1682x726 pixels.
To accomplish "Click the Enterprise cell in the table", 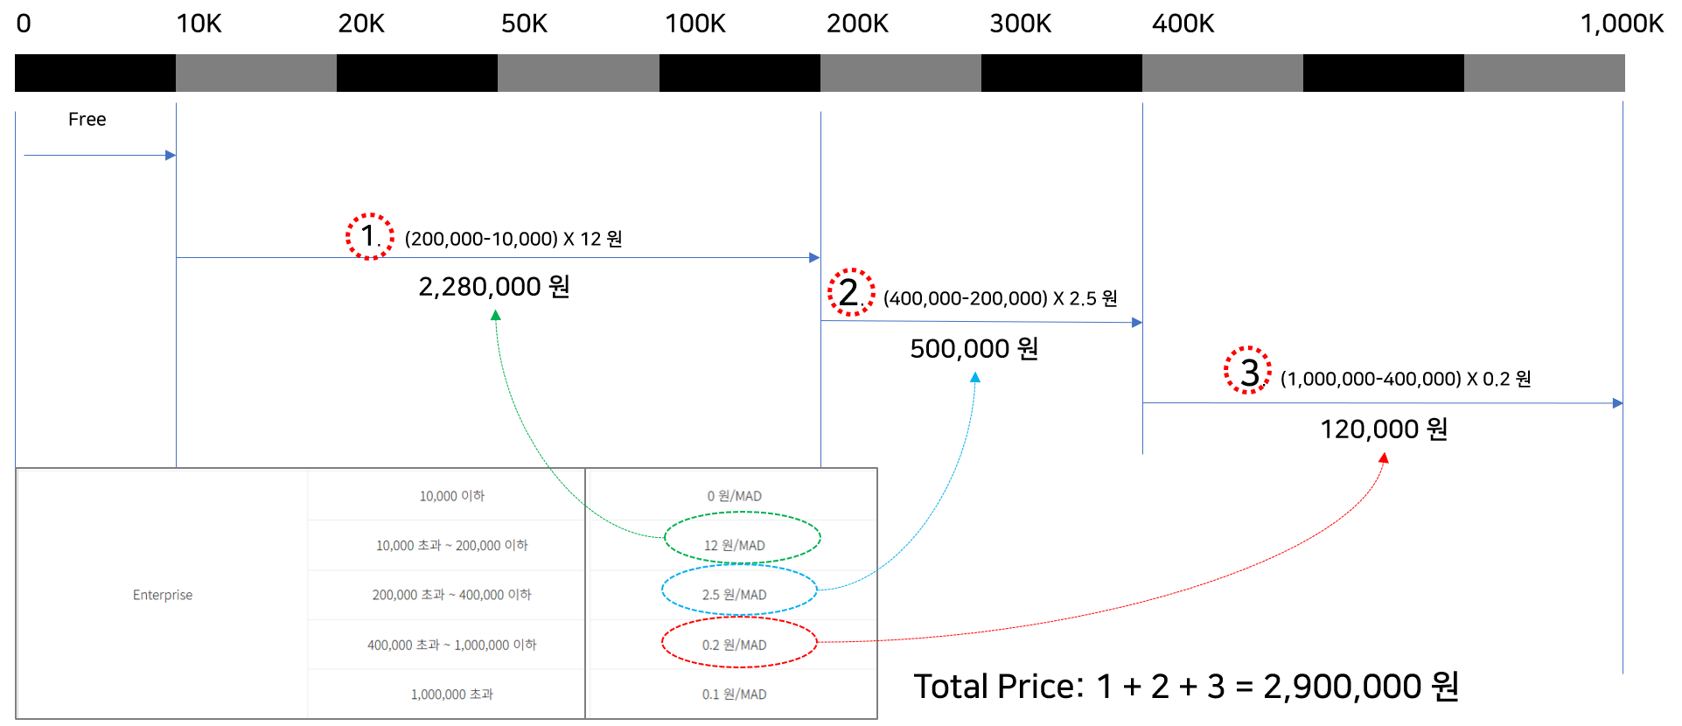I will (x=163, y=595).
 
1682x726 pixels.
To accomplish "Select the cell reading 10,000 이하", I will (x=451, y=496).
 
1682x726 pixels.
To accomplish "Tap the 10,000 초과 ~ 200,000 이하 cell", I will (x=451, y=546).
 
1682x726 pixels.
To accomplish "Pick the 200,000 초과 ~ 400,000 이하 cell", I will (x=451, y=595).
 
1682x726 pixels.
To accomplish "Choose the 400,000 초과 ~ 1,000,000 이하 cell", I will (x=451, y=645).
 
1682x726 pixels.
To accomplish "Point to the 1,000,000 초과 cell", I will (x=451, y=695).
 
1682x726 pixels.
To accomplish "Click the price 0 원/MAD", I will (x=734, y=496).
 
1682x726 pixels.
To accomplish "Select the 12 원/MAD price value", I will (x=734, y=546).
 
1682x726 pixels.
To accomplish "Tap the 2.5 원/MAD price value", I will (x=734, y=595).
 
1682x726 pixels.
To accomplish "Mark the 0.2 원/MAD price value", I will (x=734, y=645).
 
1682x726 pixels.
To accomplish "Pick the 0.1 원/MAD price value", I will (x=734, y=695).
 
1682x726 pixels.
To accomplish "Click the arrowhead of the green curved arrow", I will (x=496, y=314).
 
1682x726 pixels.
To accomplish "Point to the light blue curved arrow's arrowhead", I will (x=975, y=377).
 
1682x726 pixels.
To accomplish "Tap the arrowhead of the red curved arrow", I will (x=1384, y=457).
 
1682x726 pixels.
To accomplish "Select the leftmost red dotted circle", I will (x=370, y=236).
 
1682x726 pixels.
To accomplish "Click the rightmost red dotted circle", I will (x=1247, y=370).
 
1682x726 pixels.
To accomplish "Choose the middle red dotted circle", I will (x=851, y=291).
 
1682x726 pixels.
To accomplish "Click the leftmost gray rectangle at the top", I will (x=256, y=73).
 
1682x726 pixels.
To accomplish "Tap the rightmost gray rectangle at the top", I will (x=1544, y=73).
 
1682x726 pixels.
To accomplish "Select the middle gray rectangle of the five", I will (x=900, y=73).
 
